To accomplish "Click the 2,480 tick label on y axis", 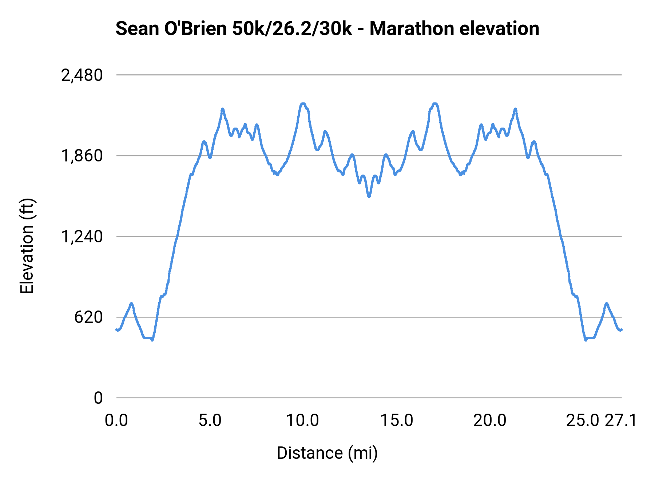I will click(82, 76).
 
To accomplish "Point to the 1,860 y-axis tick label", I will click(82, 156).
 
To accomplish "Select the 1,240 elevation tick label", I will click(82, 237).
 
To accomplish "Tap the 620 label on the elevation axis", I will click(88, 317).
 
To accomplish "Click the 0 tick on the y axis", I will click(98, 398).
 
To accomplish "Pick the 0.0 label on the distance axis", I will click(116, 421).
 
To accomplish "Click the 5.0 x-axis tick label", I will click(210, 421).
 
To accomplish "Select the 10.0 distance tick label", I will click(303, 421).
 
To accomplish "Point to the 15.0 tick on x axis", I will click(397, 421).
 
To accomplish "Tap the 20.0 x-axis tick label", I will click(490, 421).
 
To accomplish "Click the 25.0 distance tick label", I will click(583, 421).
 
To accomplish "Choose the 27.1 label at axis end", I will click(621, 421).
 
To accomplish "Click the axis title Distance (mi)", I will click(327, 453).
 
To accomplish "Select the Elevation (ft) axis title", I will click(27, 246).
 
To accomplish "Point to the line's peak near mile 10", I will click(303, 104).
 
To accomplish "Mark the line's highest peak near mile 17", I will click(434, 104).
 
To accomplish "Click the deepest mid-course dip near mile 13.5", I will click(369, 196).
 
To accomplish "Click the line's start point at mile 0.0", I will click(116, 329).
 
